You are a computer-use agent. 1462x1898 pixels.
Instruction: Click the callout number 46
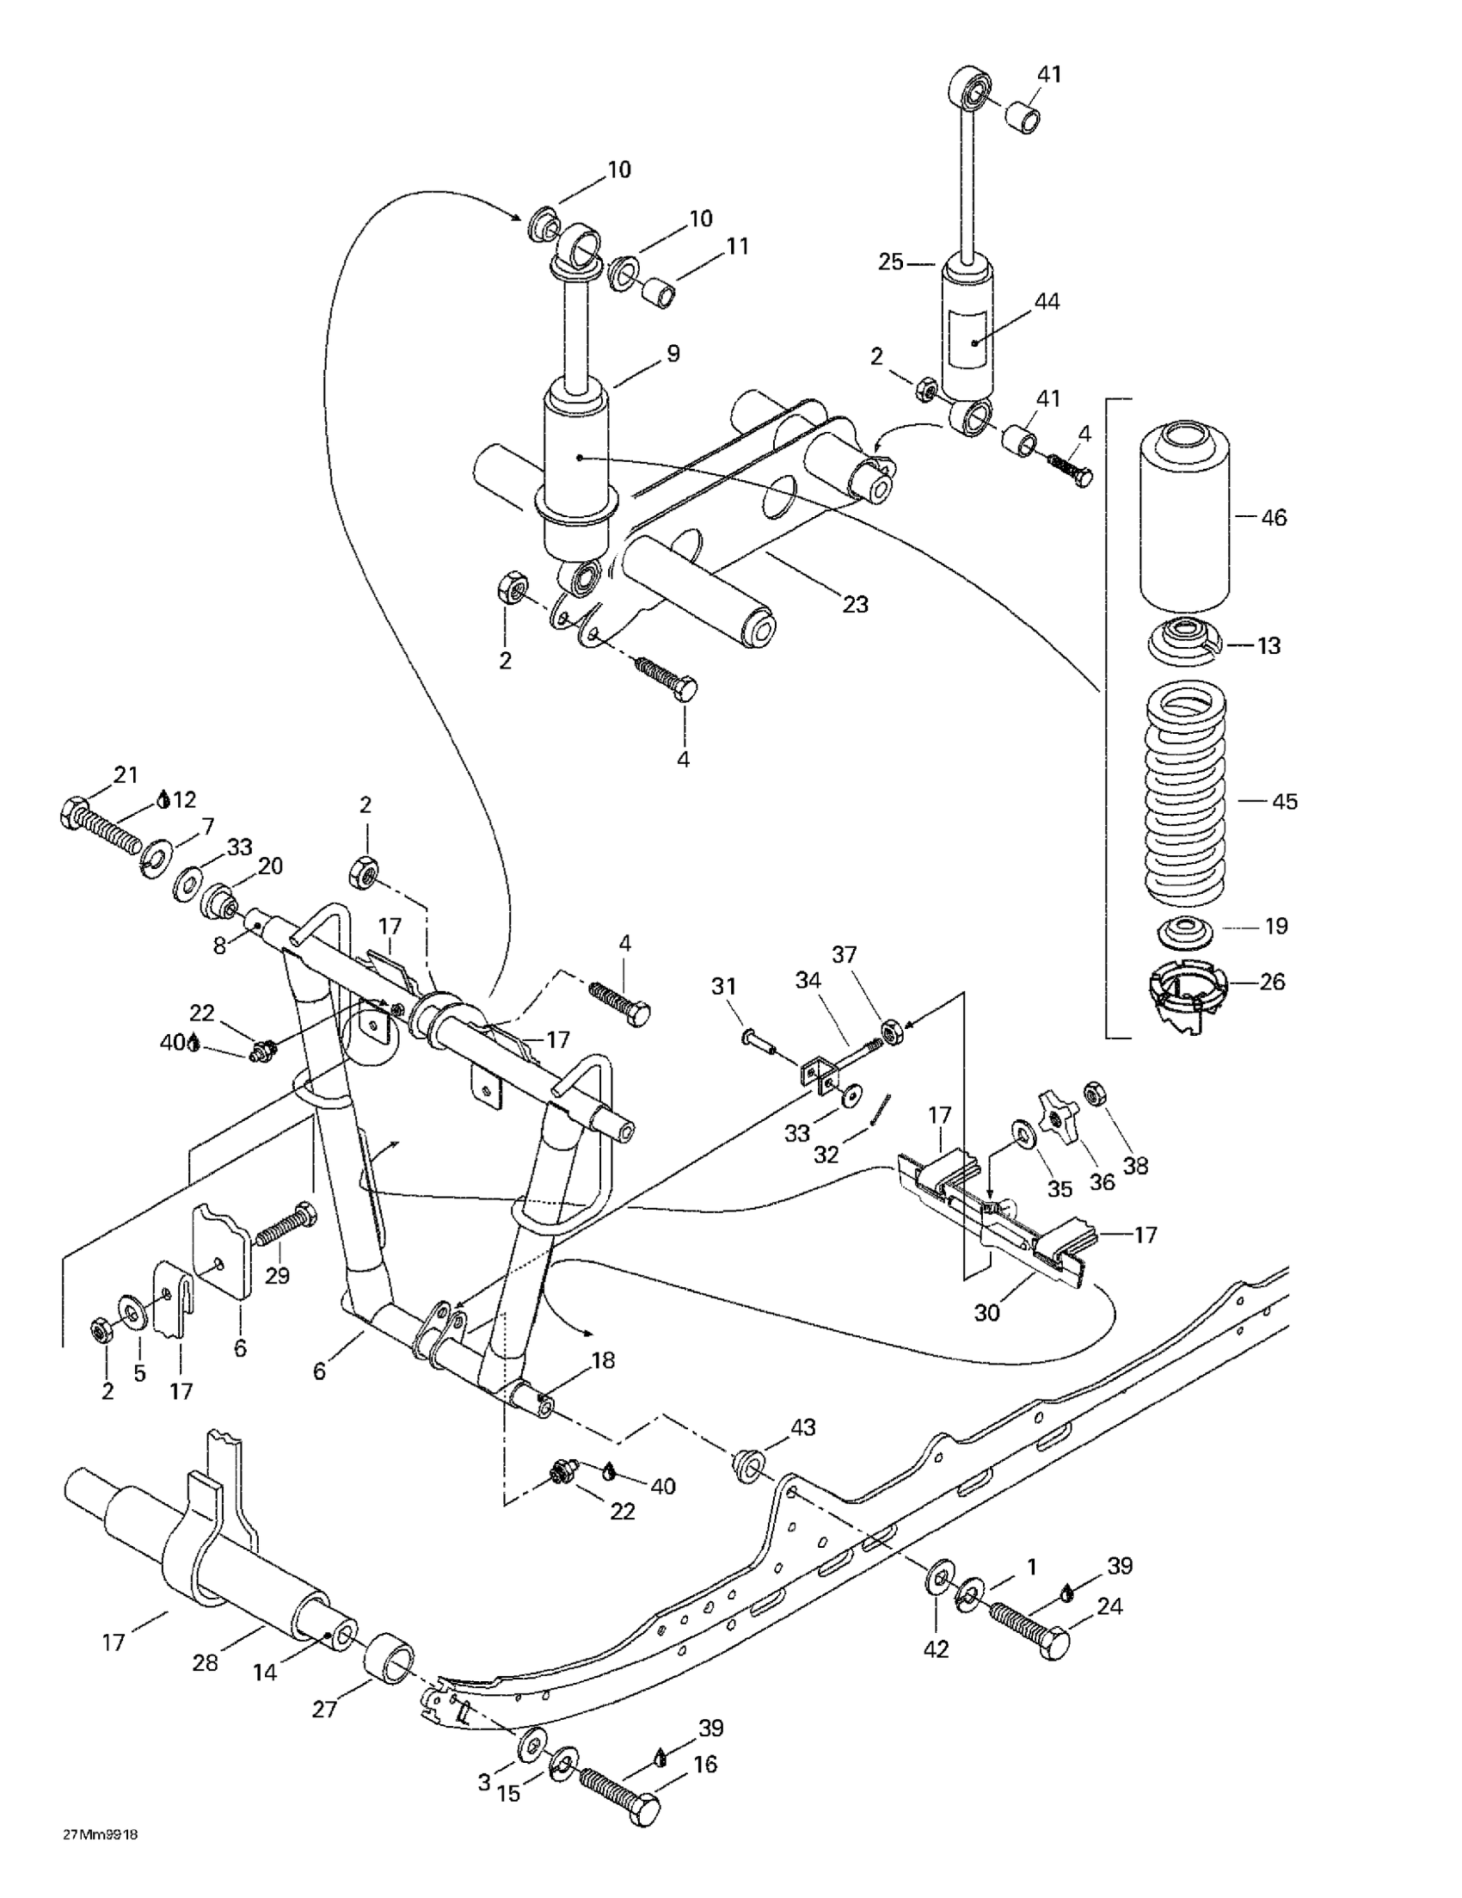(1273, 518)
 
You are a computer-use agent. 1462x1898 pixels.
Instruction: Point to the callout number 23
(856, 604)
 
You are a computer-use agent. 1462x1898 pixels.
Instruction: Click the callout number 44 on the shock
(1047, 303)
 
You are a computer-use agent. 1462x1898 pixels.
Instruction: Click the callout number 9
(673, 354)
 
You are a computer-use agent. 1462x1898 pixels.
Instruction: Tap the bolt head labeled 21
(74, 812)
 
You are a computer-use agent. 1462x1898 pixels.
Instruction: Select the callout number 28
(206, 1662)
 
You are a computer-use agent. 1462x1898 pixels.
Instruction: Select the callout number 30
(986, 1312)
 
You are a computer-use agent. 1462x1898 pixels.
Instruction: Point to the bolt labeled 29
(285, 1222)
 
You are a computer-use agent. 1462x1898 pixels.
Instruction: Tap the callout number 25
(890, 262)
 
